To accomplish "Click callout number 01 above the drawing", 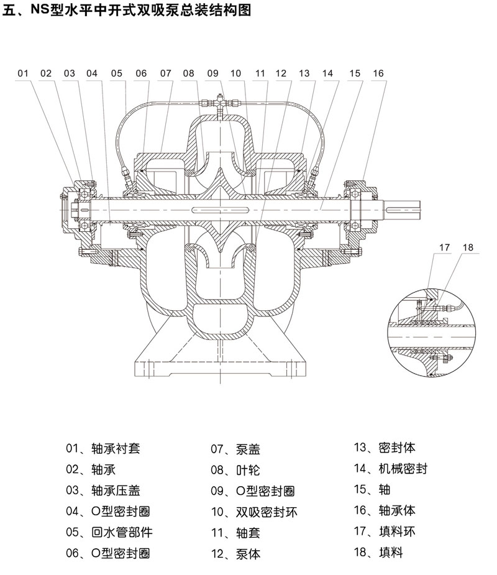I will (x=23, y=73).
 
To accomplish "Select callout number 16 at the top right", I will (x=378, y=73).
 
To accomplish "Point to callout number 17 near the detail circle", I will (x=444, y=247).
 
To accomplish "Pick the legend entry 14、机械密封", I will (x=390, y=469).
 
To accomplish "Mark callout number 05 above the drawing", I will (x=117, y=73).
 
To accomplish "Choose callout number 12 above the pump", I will (x=281, y=73).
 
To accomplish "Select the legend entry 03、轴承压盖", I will (x=104, y=490).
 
